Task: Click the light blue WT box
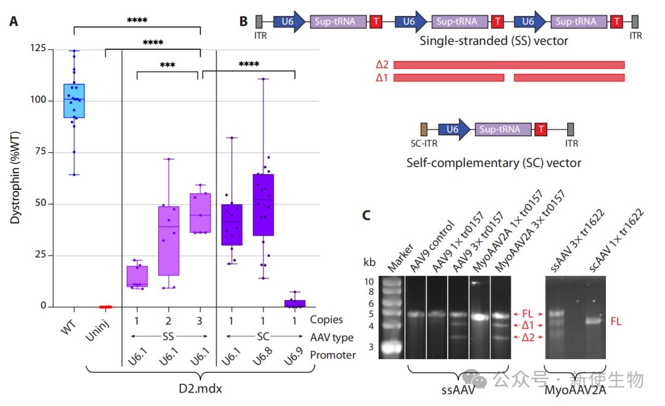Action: point(75,100)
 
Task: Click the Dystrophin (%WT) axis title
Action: point(15,177)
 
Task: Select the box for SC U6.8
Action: point(264,205)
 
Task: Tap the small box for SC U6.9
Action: point(295,303)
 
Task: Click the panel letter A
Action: point(14,21)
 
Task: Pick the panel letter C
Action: point(366,216)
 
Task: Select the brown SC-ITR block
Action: point(424,129)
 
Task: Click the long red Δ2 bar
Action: point(509,65)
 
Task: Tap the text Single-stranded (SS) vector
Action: point(494,41)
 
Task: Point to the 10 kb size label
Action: point(369,282)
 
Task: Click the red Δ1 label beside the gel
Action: point(528,325)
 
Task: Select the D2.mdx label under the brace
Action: point(200,388)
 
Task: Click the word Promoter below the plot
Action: point(333,355)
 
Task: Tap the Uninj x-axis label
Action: point(98,330)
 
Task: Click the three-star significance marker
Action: point(167,65)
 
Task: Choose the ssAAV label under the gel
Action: point(458,389)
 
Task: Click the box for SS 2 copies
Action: point(169,241)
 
